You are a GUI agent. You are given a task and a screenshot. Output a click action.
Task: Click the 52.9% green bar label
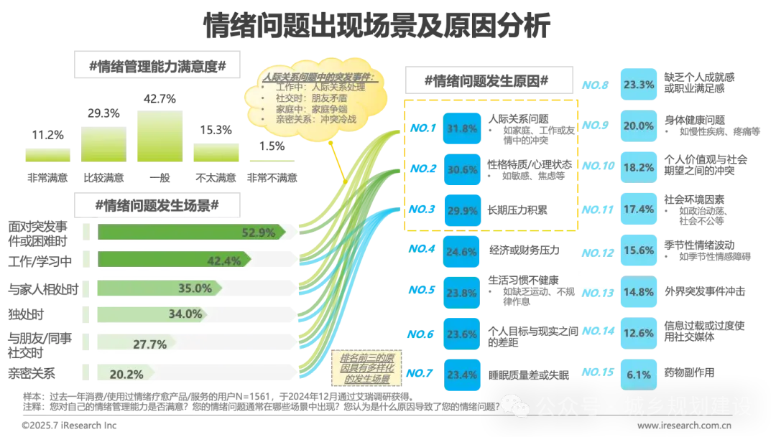tap(259, 232)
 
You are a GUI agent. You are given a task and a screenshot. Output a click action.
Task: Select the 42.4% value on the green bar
tap(223, 260)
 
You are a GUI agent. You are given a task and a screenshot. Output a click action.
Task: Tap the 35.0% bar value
tap(194, 288)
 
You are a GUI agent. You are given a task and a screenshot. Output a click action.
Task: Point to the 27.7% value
tap(150, 344)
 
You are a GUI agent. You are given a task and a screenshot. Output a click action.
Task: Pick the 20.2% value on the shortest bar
tap(126, 374)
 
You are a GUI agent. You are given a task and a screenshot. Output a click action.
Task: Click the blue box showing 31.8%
tap(462, 129)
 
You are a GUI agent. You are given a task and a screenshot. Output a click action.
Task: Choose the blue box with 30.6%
tap(462, 170)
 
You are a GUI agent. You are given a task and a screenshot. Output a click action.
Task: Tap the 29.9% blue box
tap(462, 210)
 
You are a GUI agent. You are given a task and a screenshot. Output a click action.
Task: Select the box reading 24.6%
tap(462, 252)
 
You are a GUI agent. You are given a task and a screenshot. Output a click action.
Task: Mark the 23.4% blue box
tap(462, 373)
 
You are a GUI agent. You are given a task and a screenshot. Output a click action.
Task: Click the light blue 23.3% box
tap(639, 85)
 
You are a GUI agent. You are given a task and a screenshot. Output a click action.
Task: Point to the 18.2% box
tap(639, 167)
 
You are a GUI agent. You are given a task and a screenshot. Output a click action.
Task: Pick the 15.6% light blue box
tap(639, 250)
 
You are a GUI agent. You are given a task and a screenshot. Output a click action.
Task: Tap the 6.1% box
tap(639, 374)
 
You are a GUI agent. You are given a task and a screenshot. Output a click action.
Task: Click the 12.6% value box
tap(639, 333)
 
